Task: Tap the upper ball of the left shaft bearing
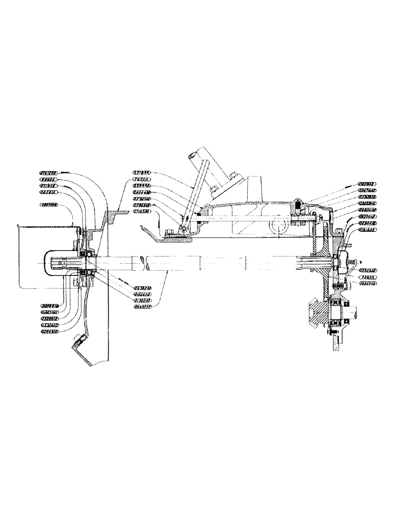89,253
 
